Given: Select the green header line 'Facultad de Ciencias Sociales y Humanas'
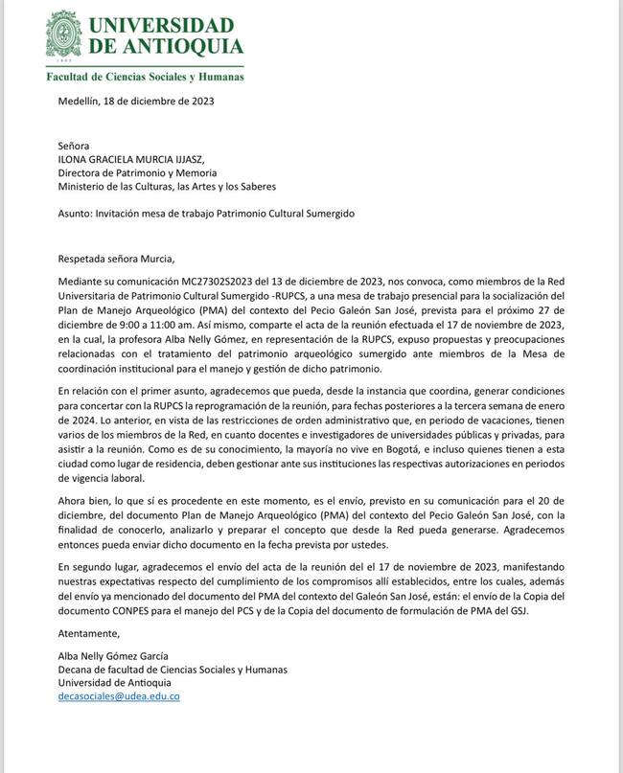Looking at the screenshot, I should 144,76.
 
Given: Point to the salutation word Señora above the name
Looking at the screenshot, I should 76,145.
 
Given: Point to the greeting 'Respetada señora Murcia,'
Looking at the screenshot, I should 118,257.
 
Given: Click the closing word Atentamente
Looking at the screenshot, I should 90,633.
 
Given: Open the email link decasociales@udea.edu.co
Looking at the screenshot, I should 119,696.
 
